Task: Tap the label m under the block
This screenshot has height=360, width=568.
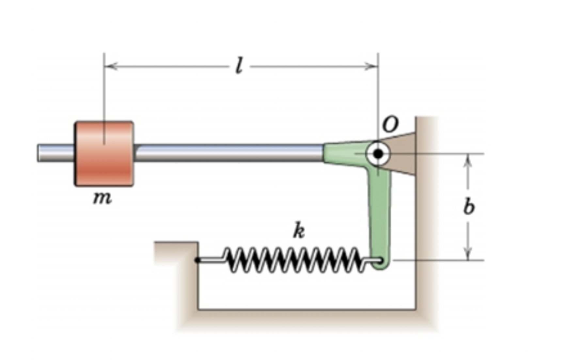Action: [x=103, y=198]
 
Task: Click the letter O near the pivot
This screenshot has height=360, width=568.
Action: [x=390, y=124]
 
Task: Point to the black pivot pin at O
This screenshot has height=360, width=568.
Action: [x=378, y=153]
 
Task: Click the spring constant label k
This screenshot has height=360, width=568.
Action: [x=299, y=230]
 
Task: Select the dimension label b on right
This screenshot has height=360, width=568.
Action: [x=469, y=206]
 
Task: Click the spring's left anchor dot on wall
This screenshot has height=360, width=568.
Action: [x=197, y=260]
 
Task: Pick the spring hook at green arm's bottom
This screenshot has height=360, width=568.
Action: [x=379, y=260]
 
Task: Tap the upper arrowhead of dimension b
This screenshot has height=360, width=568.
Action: [x=468, y=159]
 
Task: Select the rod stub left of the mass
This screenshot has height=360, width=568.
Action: [x=55, y=153]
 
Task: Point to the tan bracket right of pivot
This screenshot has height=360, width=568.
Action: [x=403, y=153]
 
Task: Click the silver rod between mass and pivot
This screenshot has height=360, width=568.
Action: [x=229, y=153]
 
